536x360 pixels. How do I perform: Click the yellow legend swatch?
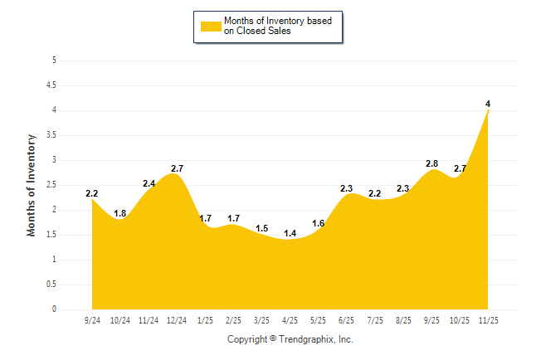211,26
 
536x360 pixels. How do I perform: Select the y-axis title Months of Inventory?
32,185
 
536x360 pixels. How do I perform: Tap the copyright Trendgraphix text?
290,339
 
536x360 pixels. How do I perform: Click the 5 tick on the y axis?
54,61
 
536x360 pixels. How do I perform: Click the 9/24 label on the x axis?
92,320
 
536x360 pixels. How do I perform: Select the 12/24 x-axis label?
177,320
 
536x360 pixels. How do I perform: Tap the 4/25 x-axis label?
290,320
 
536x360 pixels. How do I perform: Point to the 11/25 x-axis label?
488,320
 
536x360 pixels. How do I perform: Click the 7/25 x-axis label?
375,320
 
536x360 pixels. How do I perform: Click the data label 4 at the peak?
488,104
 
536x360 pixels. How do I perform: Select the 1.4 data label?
290,233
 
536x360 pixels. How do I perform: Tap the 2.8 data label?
431,163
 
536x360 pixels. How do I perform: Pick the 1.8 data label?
120,213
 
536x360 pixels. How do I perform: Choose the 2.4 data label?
149,183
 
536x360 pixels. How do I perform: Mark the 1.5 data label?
261,228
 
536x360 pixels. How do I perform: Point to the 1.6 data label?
318,223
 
